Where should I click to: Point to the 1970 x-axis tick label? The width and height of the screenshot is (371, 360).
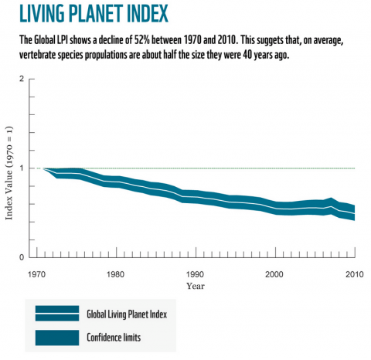[x=36, y=273]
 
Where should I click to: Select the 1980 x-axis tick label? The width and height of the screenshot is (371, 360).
[x=115, y=273]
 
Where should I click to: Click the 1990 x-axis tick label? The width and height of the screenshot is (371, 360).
[x=196, y=273]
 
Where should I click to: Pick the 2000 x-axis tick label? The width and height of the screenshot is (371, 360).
[x=274, y=273]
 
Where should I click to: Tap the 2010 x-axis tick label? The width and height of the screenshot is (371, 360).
[x=354, y=273]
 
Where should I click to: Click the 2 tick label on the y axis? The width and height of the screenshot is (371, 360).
[x=21, y=79]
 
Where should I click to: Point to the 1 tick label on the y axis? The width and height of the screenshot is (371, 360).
[x=21, y=168]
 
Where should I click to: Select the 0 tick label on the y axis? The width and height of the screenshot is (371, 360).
[x=21, y=257]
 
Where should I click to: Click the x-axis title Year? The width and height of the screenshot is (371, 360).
[x=196, y=286]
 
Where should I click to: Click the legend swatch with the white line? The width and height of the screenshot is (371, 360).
[x=56, y=313]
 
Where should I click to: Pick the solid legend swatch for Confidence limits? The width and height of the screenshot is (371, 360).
[x=56, y=338]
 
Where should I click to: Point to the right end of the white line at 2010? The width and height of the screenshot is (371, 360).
[x=355, y=213]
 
